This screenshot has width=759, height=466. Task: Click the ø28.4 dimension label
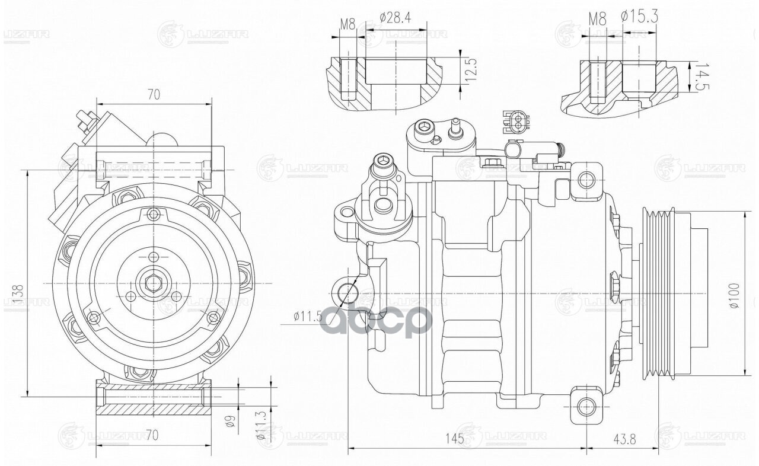[x=395, y=18]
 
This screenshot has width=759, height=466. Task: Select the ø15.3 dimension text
[x=640, y=17]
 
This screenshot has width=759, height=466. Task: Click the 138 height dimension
[x=18, y=295]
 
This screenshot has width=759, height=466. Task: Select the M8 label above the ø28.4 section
[x=347, y=25]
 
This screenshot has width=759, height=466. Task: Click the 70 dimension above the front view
[x=154, y=94]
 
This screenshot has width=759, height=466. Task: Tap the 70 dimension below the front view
[x=152, y=435]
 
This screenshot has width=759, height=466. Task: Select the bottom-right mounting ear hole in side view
[x=586, y=406]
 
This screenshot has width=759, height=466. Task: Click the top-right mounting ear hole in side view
[x=586, y=178]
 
